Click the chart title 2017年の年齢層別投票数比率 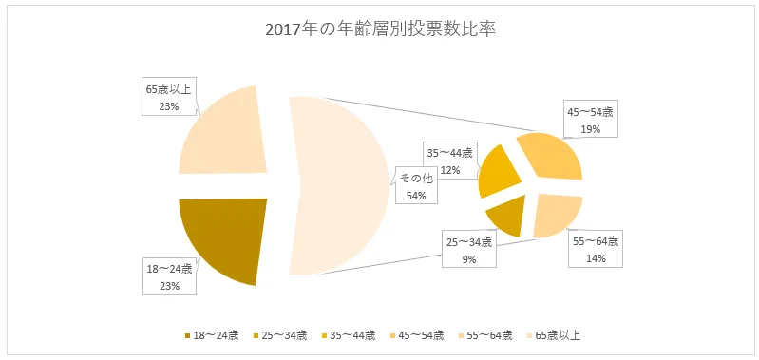380,29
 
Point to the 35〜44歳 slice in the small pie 498,171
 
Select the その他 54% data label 415,187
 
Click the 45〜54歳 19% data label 590,120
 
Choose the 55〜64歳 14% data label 596,250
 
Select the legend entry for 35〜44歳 349,334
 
